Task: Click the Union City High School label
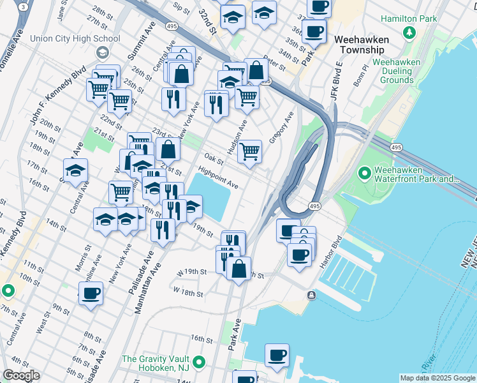(x=80, y=39)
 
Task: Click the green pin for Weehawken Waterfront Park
(x=365, y=173)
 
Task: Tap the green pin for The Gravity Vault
(x=199, y=363)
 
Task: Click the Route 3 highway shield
(x=24, y=6)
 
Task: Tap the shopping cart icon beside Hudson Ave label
(x=249, y=152)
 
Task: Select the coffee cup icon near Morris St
(x=91, y=294)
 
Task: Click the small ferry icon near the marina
(x=311, y=294)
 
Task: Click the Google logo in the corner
(x=21, y=375)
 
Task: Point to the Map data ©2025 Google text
(x=437, y=378)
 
